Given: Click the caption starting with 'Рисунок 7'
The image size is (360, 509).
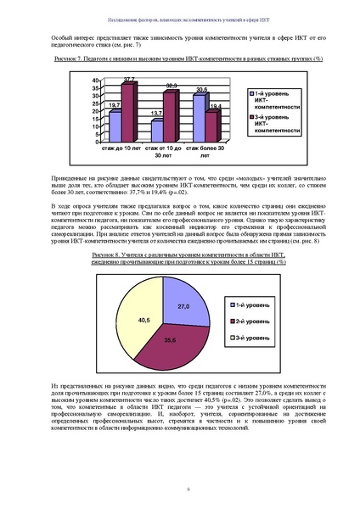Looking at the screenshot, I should (x=179, y=60).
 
